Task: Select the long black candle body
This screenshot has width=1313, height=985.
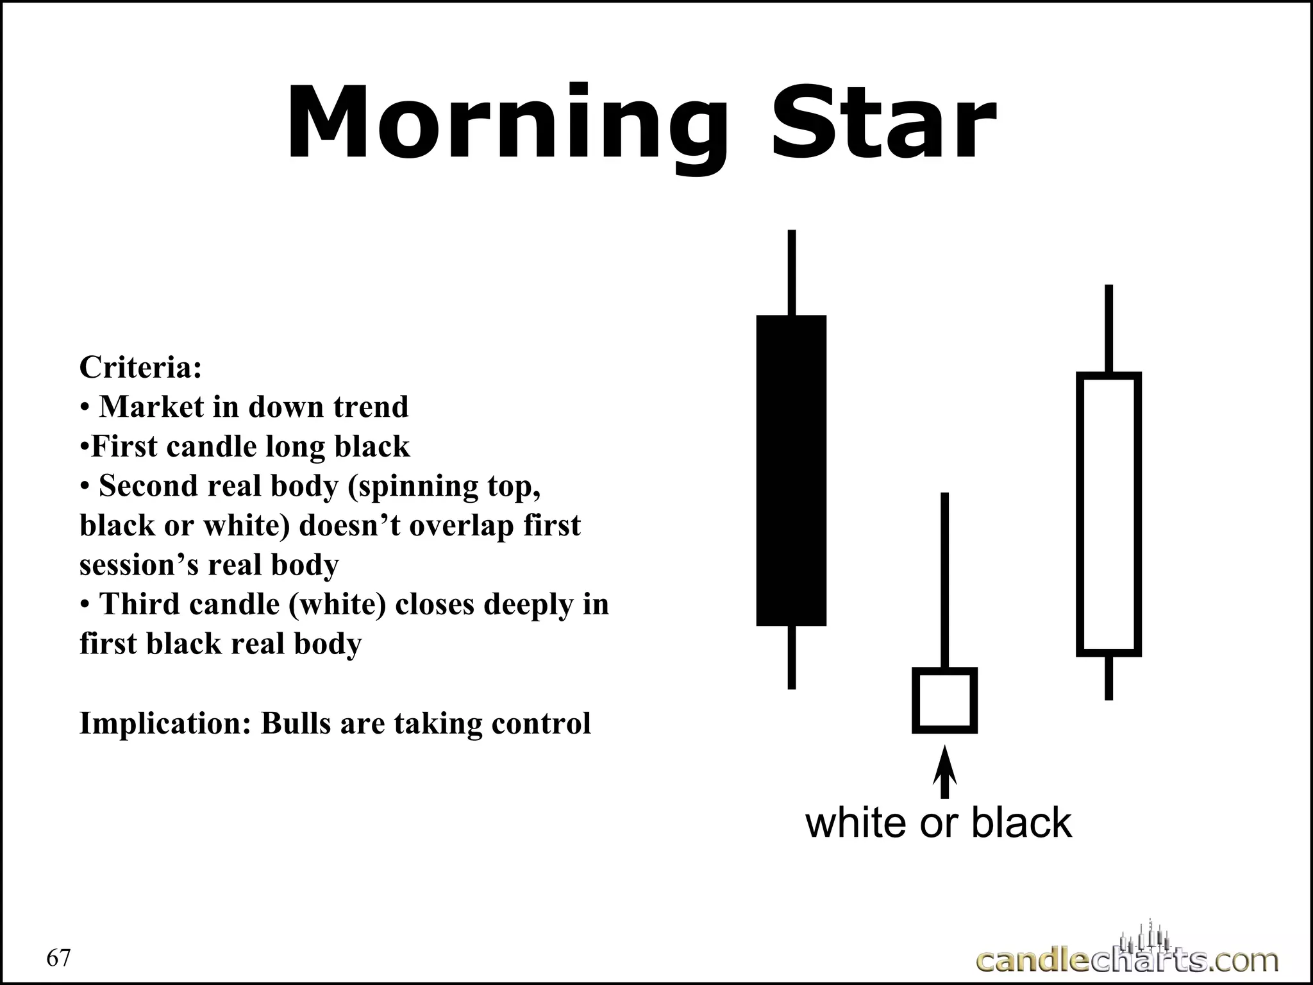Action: point(791,470)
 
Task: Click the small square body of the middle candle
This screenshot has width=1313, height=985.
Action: point(944,700)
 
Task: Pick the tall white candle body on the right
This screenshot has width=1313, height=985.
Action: point(1108,514)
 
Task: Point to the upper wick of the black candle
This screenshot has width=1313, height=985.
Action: point(792,273)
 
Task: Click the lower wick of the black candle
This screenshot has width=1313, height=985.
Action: point(792,657)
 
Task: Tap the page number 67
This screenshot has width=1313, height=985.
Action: point(59,958)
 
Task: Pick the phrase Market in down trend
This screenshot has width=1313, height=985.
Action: point(254,407)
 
